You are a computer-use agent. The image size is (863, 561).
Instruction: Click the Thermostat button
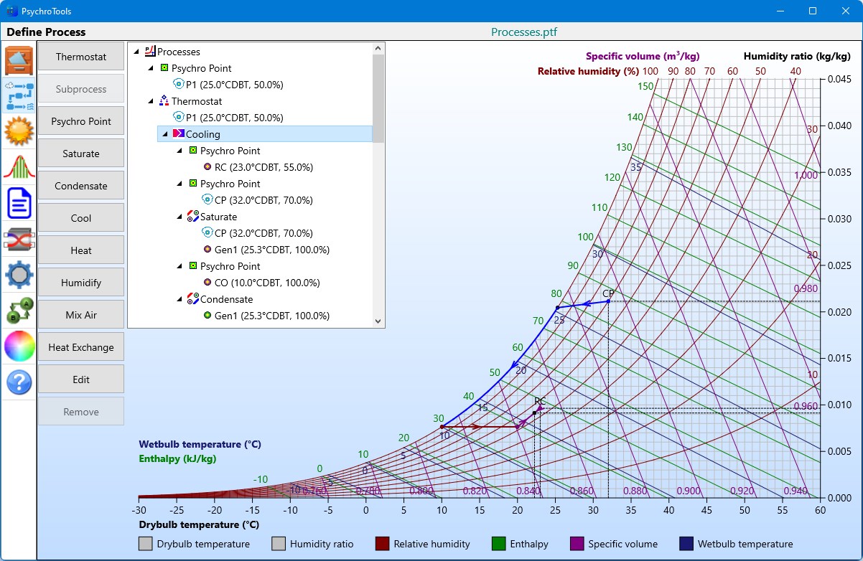tap(81, 57)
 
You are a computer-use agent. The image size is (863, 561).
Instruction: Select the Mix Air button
tap(81, 315)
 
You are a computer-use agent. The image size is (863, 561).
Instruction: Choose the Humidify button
tap(81, 283)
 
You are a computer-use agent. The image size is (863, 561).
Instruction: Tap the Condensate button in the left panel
tap(81, 186)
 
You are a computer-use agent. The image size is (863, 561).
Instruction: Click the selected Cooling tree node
tap(203, 134)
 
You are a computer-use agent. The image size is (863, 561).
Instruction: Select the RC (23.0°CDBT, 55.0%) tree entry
tap(263, 167)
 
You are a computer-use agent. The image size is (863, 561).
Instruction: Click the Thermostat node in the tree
tap(196, 101)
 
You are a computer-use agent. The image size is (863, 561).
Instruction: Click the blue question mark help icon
tap(19, 382)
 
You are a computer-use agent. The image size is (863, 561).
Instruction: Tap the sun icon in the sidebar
tap(19, 131)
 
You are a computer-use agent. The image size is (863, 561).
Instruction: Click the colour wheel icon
tap(19, 346)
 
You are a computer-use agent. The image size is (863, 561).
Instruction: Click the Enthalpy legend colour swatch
tap(500, 544)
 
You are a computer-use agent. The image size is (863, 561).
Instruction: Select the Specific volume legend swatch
tap(577, 544)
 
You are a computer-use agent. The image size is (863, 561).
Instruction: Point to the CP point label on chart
tap(608, 293)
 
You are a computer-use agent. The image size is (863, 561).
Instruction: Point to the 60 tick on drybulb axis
tap(820, 510)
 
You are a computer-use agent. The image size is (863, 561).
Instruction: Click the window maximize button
tap(813, 11)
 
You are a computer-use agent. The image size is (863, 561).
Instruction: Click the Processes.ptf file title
tap(524, 32)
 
